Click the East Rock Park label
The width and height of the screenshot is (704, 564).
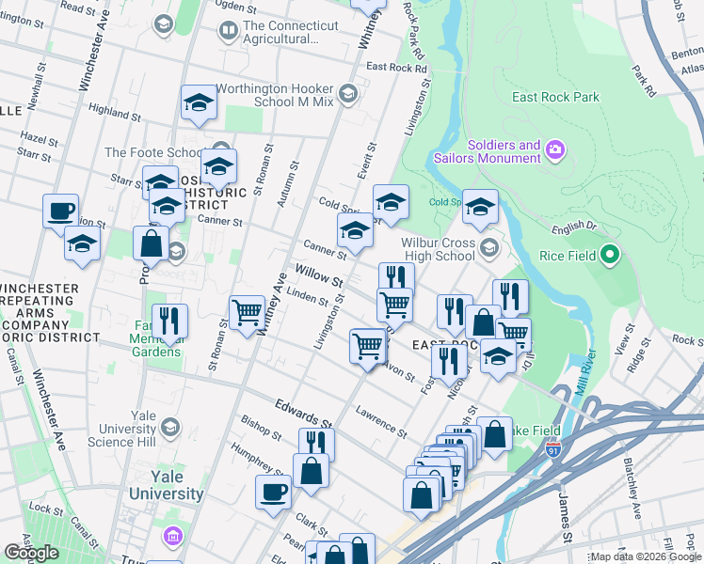[x=555, y=97]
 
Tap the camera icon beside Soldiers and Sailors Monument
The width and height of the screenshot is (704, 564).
[x=554, y=149]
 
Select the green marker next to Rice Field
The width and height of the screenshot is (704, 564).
[x=610, y=254]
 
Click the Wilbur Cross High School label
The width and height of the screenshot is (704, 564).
[x=439, y=248]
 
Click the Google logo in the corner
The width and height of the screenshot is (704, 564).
[x=31, y=552]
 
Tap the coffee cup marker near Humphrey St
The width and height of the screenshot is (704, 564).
[x=274, y=492]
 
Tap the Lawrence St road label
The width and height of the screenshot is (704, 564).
[x=380, y=422]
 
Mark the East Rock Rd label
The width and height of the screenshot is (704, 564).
[x=396, y=68]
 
